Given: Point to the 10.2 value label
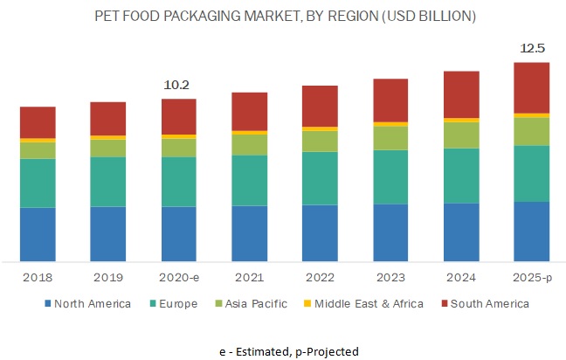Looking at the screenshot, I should click(178, 85).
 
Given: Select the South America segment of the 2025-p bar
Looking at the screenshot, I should click(531, 87).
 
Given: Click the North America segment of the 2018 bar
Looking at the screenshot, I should click(38, 234).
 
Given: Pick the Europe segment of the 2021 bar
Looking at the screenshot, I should click(249, 180).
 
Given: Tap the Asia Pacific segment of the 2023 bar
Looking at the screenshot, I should click(390, 138).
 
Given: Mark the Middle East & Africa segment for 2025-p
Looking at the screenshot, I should click(531, 115).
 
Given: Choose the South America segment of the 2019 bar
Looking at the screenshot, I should click(108, 118).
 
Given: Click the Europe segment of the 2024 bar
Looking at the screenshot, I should click(461, 176).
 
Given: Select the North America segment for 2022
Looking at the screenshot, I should click(320, 233).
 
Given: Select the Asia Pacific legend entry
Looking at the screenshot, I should click(225, 304).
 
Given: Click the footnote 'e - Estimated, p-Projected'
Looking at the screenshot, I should click(288, 350).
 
